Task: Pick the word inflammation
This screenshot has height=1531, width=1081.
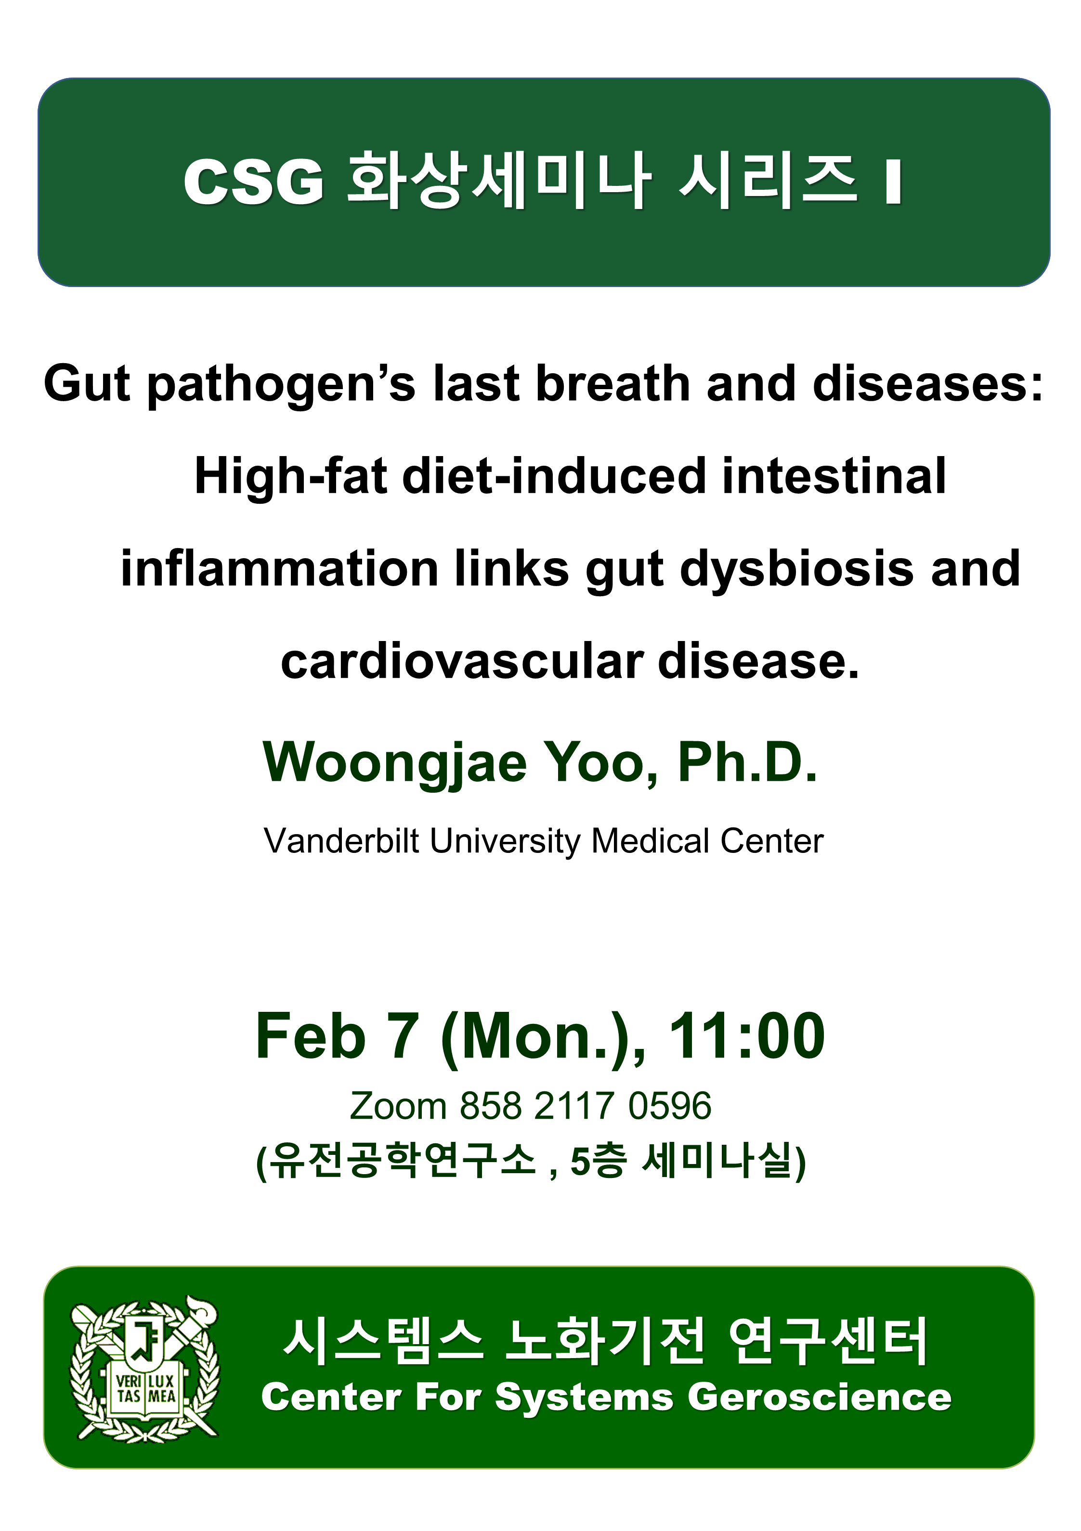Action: coord(279,569)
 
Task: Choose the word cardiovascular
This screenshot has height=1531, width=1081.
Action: coord(461,662)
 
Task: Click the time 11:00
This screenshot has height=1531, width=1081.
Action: coord(747,1036)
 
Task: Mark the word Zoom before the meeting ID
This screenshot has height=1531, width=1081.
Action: coord(397,1106)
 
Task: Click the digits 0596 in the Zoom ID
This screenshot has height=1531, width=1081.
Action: coord(669,1106)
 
